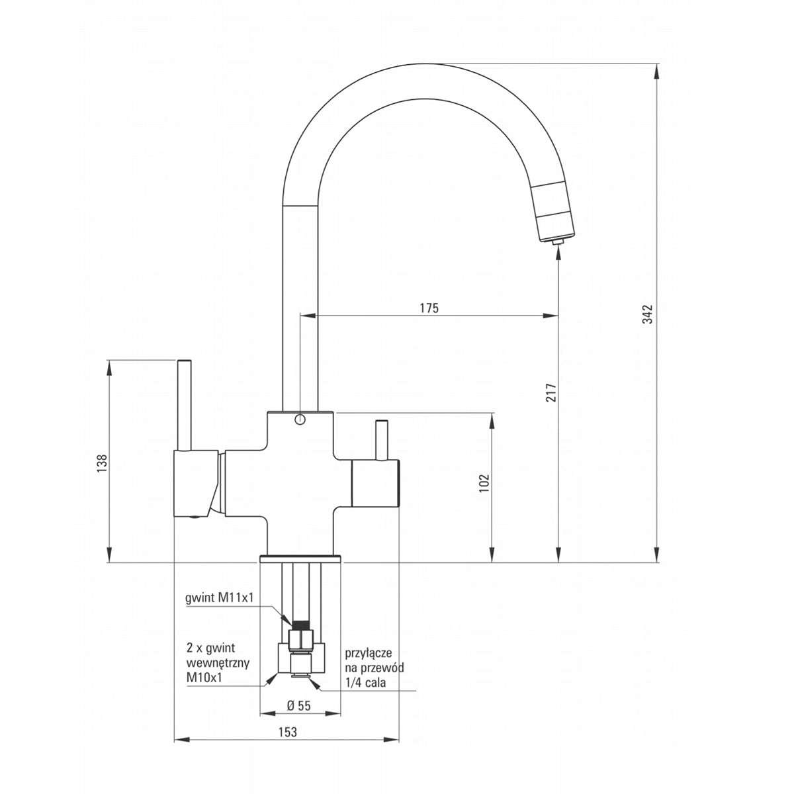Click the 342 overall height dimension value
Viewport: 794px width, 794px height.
(x=648, y=314)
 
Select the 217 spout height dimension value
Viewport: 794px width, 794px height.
(x=551, y=392)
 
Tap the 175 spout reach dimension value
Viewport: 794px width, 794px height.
(x=429, y=308)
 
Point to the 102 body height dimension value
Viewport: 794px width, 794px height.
(x=484, y=483)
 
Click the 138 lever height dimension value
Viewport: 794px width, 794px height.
(x=102, y=463)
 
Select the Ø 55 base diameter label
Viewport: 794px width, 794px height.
(x=298, y=706)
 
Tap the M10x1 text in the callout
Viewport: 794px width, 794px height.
(x=204, y=678)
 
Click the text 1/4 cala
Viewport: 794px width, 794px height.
(x=365, y=682)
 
